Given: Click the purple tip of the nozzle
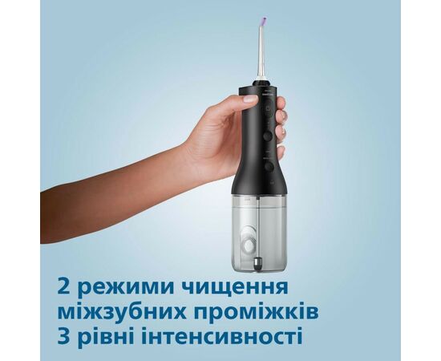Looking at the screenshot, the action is coord(265,21).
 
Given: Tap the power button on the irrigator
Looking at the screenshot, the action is coord(269,108).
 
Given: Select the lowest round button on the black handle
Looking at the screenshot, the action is coord(269,166).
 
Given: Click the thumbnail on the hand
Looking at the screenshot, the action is coord(250,99).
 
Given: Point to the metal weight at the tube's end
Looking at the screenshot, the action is coord(257,263).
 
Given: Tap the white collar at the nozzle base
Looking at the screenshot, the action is coord(262,78).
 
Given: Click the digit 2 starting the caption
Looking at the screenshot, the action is coord(64,287).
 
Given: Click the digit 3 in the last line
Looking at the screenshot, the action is coord(64,335).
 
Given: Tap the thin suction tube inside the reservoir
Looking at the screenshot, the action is coord(258,226).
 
